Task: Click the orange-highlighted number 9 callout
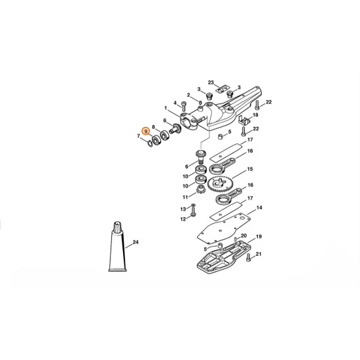tap(147, 132)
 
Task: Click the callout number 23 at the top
tap(211, 82)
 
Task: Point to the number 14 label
tap(260, 208)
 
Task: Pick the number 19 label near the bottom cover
tap(259, 236)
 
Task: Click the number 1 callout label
tap(166, 108)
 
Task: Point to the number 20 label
tap(243, 236)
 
